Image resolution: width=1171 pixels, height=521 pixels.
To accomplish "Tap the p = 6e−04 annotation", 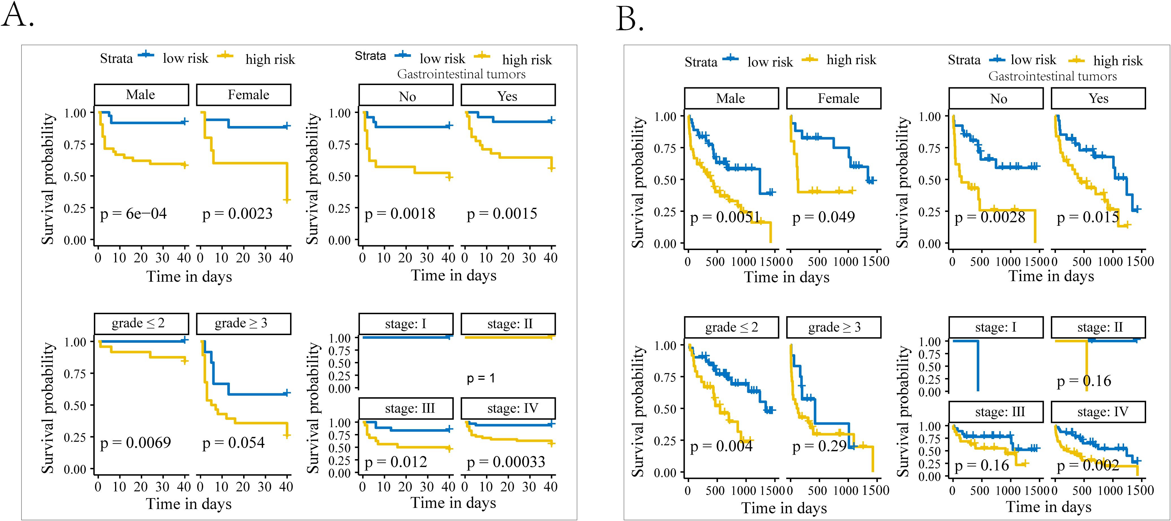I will coord(133,214).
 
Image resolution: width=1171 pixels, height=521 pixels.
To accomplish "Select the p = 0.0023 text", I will coord(237,214).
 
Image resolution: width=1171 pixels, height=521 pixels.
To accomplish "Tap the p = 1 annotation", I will coord(481,378).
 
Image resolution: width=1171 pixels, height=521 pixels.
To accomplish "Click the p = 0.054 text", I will coord(233,443).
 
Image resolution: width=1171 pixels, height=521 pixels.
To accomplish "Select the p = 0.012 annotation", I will coord(396,462).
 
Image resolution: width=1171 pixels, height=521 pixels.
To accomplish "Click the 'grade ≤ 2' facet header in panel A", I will coord(141,324).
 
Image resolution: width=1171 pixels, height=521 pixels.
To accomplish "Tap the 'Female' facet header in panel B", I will coord(834,99).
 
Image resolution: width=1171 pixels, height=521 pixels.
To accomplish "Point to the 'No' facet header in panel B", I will coord(995,99).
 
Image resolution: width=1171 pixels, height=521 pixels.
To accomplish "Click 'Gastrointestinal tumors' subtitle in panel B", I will coord(1052,76).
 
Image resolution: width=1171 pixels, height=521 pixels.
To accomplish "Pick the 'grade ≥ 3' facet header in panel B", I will coord(834,327).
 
